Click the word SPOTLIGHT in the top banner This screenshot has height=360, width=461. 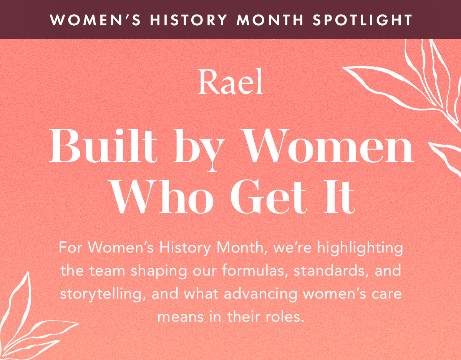[x=363, y=20]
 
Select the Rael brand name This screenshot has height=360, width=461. [x=230, y=83]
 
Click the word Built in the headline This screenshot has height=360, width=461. [x=103, y=147]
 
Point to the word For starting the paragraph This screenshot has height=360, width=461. [x=71, y=248]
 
